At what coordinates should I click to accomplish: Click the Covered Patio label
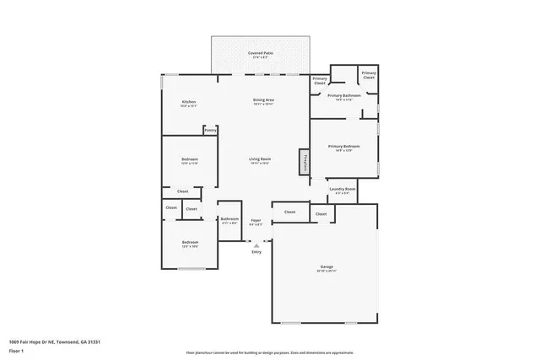tap(260, 53)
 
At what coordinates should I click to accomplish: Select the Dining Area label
tap(263, 100)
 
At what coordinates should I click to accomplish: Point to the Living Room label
tap(259, 159)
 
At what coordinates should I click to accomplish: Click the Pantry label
tap(210, 130)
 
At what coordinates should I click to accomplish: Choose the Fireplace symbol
tap(302, 162)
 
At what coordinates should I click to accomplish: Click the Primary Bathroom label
tap(344, 96)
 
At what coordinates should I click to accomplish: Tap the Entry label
tap(256, 251)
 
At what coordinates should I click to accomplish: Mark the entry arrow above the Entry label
tap(256, 244)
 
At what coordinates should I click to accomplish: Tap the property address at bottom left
tap(55, 341)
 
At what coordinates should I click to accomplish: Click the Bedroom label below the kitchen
tap(189, 159)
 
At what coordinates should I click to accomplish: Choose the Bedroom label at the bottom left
tap(189, 243)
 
